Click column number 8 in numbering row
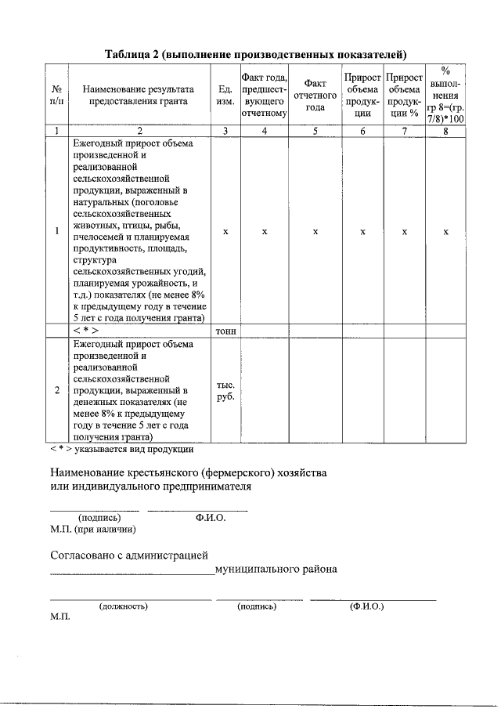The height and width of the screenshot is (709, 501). [x=445, y=131]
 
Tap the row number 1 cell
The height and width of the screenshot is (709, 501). [x=56, y=231]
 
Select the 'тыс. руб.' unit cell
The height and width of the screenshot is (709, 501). [x=225, y=391]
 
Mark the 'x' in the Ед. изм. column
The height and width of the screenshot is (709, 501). [x=225, y=232]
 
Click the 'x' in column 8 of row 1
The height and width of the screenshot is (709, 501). [x=445, y=232]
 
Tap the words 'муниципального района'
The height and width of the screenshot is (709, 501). [x=276, y=569]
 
